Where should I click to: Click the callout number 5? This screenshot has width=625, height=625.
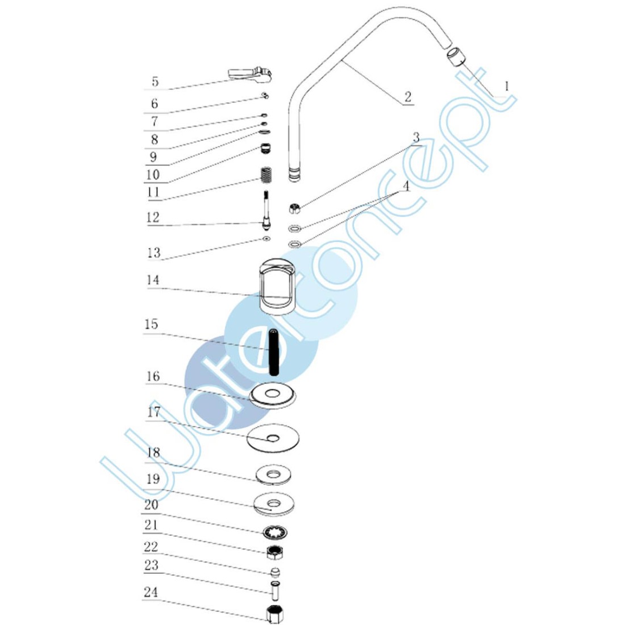[x=155, y=81]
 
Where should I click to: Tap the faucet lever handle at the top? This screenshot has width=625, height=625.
[x=251, y=73]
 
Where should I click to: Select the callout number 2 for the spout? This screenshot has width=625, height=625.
[x=407, y=97]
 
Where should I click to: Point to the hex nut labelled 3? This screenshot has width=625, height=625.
[x=295, y=209]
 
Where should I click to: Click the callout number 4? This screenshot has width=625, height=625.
[x=406, y=186]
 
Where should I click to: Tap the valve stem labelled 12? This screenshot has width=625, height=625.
[x=265, y=210]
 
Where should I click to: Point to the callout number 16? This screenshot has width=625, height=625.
[x=153, y=376]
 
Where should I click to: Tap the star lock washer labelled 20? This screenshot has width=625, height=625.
[x=276, y=533]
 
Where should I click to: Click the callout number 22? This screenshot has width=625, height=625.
[x=151, y=547]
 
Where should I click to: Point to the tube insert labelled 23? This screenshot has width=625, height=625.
[x=275, y=587]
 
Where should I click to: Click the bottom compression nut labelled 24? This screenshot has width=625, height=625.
[x=275, y=614]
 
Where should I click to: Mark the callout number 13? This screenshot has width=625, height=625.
[x=154, y=253]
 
